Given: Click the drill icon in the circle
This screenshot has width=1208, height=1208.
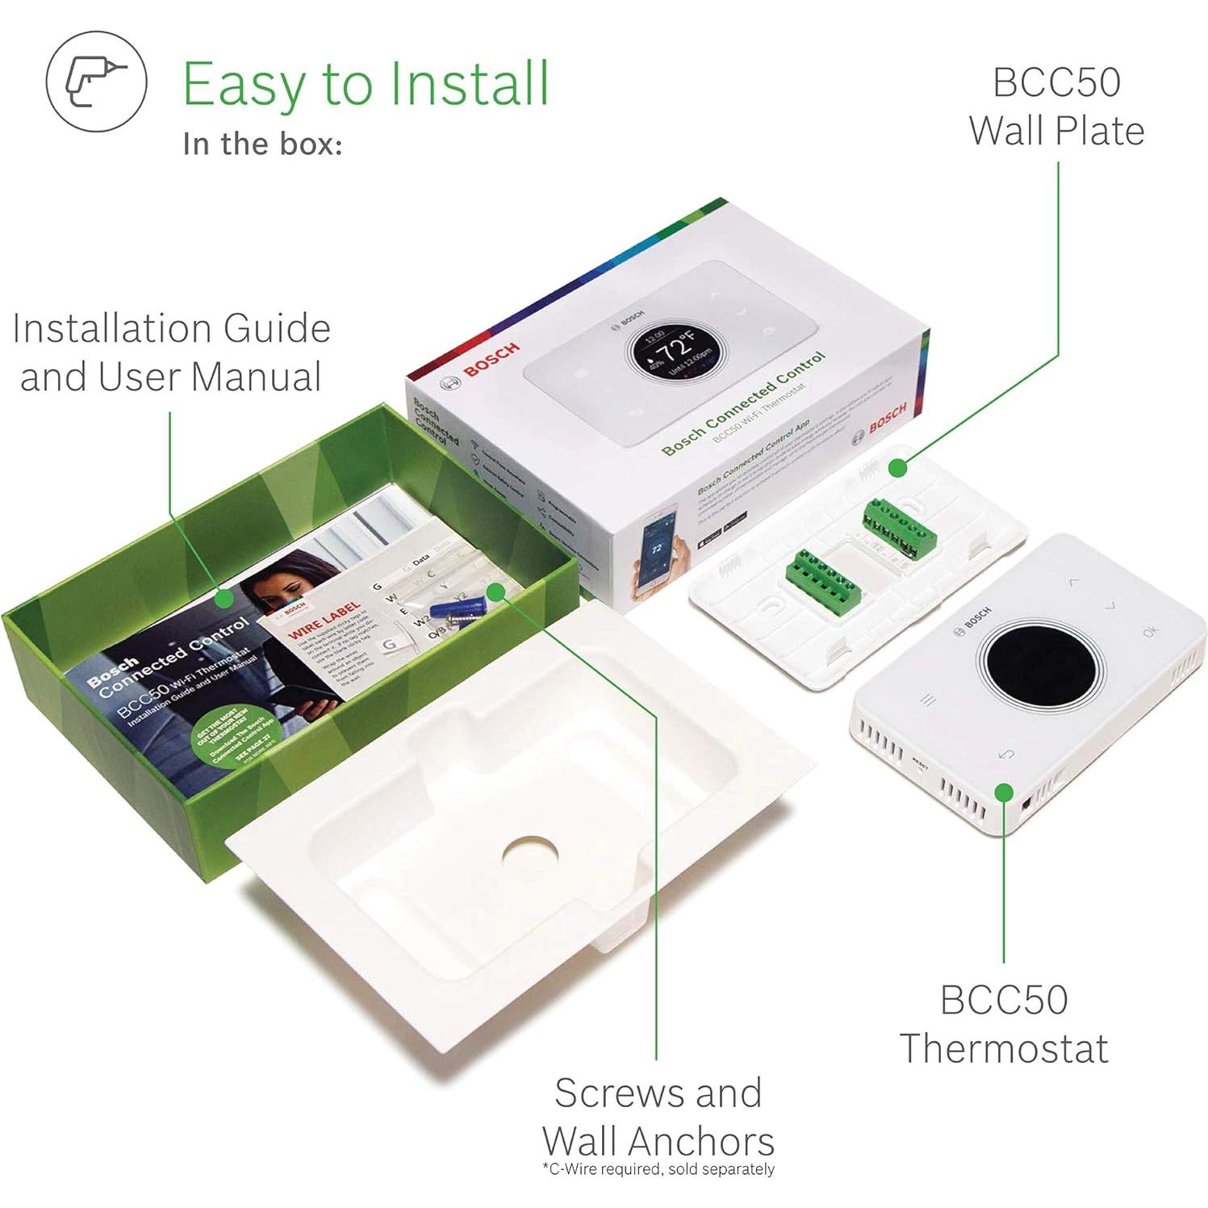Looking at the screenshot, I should pyautogui.click(x=96, y=82).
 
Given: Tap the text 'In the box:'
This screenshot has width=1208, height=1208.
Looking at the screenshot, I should pyautogui.click(x=262, y=144).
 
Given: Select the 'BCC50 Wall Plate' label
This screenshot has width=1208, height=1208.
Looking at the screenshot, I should pyautogui.click(x=1056, y=107).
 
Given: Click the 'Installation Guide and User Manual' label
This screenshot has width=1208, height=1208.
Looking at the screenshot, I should pyautogui.click(x=171, y=353).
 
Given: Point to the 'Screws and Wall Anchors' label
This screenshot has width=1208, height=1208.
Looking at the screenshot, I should pyautogui.click(x=658, y=1117).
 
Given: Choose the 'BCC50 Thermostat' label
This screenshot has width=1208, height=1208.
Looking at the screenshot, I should pyautogui.click(x=1004, y=1023).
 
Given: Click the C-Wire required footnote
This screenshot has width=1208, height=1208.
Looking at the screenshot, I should pyautogui.click(x=658, y=1169).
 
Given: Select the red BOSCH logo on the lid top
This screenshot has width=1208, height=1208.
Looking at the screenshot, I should pyautogui.click(x=491, y=360).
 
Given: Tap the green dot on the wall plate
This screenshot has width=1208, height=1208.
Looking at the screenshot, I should pyautogui.click(x=897, y=467).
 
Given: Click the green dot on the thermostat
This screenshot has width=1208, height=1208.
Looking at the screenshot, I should pyautogui.click(x=1003, y=792).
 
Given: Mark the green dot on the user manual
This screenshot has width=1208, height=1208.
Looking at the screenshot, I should pyautogui.click(x=226, y=598).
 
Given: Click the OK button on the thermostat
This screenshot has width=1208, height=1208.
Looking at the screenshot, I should pyautogui.click(x=1150, y=630).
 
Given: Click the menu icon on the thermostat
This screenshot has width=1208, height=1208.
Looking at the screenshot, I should pyautogui.click(x=929, y=700).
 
